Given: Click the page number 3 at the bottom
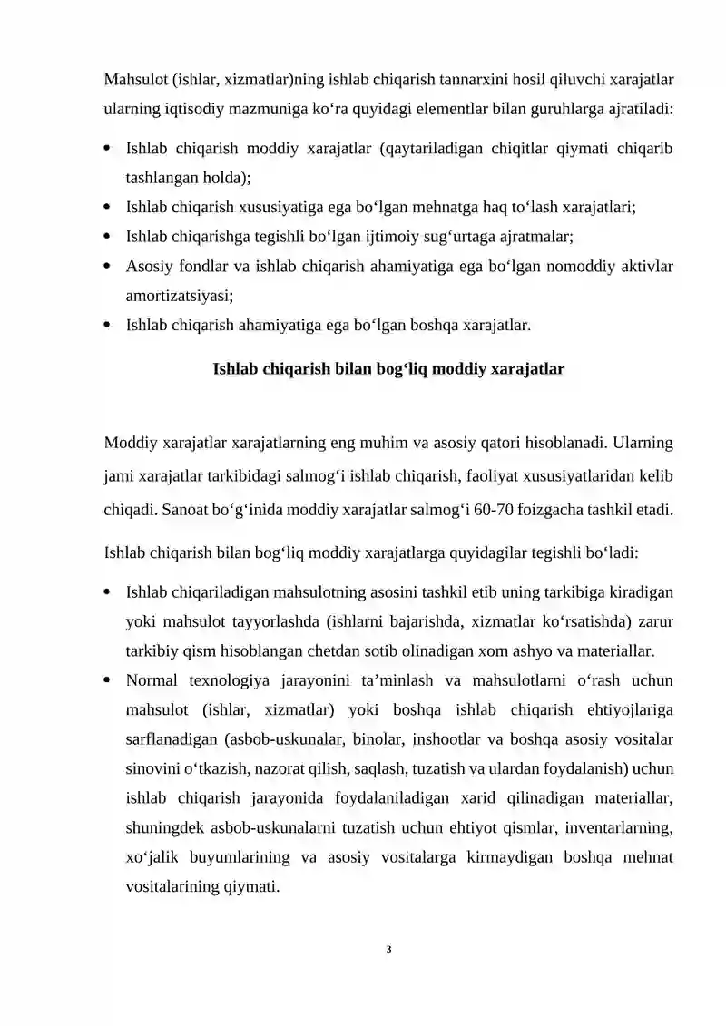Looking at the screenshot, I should [x=388, y=950].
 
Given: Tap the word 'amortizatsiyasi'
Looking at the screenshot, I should [x=179, y=295].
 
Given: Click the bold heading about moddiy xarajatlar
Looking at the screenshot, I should [x=388, y=370].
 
